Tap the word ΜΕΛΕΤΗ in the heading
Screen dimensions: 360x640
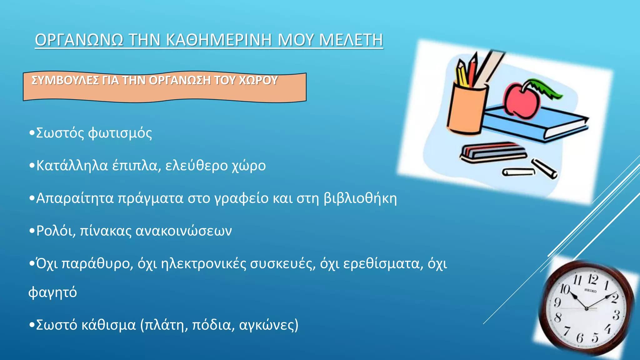tap(351, 40)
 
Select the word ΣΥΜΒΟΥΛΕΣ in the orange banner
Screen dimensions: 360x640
tap(65, 80)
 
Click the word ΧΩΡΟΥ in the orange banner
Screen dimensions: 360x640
tap(258, 80)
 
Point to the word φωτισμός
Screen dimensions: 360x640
tap(120, 133)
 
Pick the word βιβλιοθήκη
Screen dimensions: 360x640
tap(360, 198)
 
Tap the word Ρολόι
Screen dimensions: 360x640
tap(55, 231)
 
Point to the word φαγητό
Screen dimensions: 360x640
tap(52, 292)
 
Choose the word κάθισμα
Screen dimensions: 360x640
tap(108, 325)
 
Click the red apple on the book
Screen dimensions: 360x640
tap(521, 101)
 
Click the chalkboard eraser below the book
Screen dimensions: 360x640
tap(493, 153)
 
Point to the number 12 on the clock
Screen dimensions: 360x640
tap(592, 279)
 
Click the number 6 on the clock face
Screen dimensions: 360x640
tap(580, 338)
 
